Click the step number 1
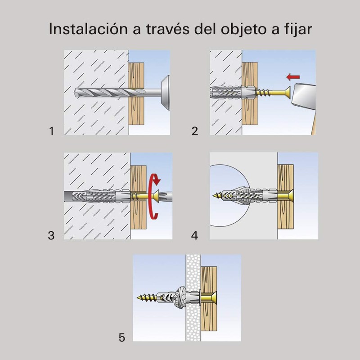point(52,131)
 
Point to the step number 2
point(194,131)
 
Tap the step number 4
point(194,235)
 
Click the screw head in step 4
point(288,196)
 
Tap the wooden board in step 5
point(209,277)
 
